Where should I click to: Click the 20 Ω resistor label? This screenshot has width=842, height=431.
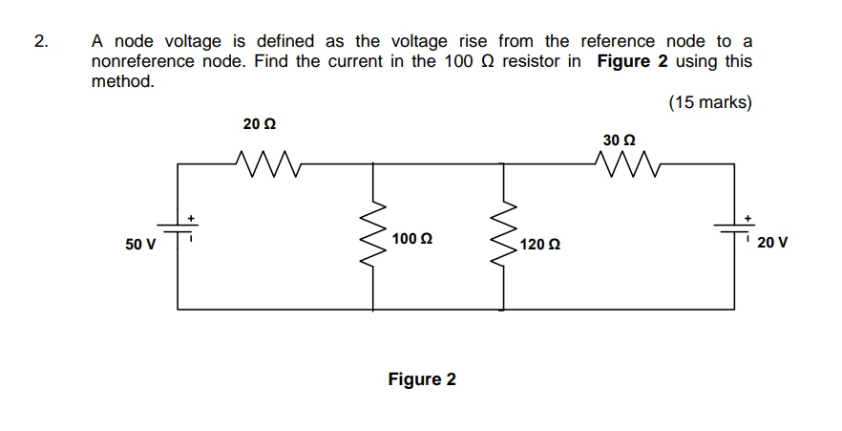click(x=260, y=124)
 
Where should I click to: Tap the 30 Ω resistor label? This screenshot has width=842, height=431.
click(x=620, y=140)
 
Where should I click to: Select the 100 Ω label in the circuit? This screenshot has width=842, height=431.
click(x=411, y=237)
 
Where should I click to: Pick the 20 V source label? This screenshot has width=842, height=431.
click(x=771, y=243)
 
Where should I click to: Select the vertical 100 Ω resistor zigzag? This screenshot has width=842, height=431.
click(x=372, y=237)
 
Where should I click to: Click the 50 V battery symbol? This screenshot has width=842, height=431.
click(x=178, y=230)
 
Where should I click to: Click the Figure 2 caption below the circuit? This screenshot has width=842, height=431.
click(x=422, y=379)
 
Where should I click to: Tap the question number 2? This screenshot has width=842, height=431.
click(x=39, y=42)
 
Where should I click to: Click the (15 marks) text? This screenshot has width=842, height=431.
click(x=709, y=102)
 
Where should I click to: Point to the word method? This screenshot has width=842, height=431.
click(x=122, y=81)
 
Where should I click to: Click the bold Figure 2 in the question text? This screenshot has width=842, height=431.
click(x=631, y=61)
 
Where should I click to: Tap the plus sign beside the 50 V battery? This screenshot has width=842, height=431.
click(x=192, y=219)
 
